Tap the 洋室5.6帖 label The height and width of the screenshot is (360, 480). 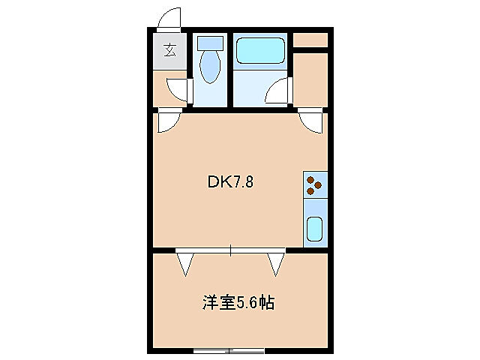point(237,303)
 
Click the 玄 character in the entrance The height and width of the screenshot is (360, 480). point(171,51)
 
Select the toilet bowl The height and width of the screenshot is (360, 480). point(210,68)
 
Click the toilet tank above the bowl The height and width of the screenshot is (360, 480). point(210,44)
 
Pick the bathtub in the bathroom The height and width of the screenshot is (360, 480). point(260,50)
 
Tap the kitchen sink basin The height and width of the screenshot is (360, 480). point(315,229)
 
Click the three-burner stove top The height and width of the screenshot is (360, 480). point(315,184)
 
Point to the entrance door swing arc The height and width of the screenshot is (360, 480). point(170,17)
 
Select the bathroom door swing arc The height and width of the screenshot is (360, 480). point(279,91)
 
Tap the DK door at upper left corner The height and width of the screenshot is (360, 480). point(168,120)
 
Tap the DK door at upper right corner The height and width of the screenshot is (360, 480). point(310,120)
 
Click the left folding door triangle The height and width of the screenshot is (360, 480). point(185,263)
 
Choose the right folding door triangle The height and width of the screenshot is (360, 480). point(277,263)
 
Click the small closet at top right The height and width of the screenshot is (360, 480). point(310,39)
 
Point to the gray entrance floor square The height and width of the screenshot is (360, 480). point(171,51)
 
